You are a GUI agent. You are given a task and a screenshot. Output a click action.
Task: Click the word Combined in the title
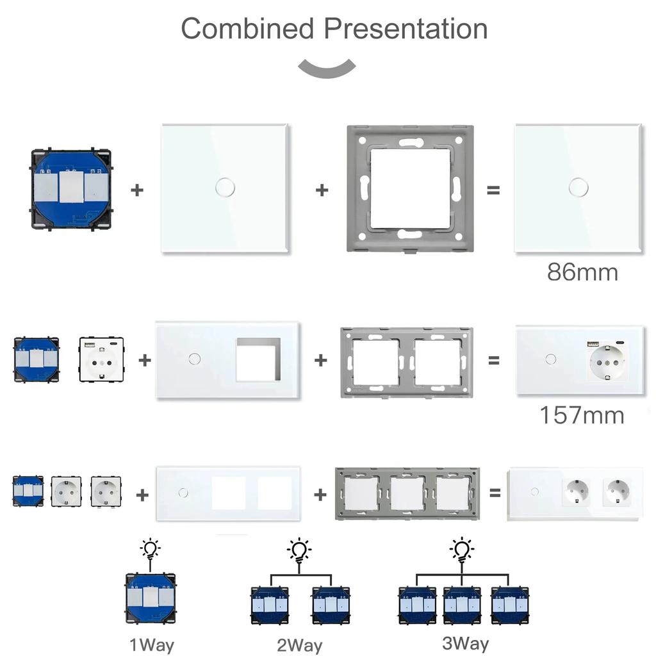click(247, 29)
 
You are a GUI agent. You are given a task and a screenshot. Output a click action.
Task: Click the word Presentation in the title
click(405, 29)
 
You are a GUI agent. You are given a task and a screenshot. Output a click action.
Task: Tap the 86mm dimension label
click(582, 272)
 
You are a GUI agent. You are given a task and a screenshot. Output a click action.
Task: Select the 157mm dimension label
click(581, 415)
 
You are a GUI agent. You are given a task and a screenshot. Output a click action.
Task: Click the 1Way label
click(152, 644)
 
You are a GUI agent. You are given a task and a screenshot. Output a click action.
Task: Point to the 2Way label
click(299, 645)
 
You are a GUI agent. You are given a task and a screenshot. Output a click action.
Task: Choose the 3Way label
click(465, 643)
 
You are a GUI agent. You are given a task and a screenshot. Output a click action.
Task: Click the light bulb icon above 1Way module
click(150, 550)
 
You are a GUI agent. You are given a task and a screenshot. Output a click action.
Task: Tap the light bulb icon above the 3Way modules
click(461, 550)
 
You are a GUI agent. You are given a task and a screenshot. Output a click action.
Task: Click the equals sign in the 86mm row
click(493, 190)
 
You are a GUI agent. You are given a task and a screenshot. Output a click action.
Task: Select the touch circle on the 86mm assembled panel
click(578, 187)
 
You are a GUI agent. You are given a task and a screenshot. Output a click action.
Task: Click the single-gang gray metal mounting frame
click(410, 188)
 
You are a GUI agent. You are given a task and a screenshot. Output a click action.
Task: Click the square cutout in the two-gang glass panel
click(258, 360)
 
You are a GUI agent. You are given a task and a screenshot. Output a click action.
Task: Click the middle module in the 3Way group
click(461, 605)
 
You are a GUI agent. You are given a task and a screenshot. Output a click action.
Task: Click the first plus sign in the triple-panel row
click(142, 494)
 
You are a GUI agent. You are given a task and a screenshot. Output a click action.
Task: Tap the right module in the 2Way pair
click(331, 605)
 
